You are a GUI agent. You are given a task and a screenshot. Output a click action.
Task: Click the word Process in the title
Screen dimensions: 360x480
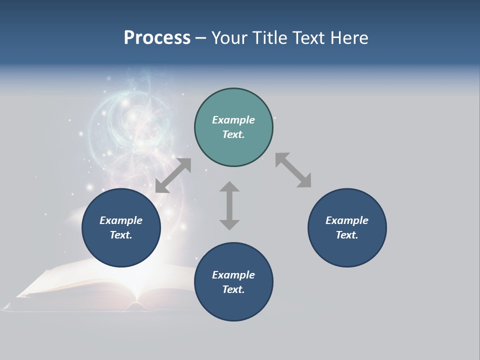157,38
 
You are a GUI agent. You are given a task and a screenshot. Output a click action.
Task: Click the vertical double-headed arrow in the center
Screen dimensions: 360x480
229,205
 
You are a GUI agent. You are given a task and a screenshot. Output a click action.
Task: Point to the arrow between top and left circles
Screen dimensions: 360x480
173,175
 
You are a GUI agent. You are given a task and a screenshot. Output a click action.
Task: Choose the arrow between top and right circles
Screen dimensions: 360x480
293,170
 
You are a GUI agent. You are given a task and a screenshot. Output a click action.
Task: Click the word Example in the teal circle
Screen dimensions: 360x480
233,120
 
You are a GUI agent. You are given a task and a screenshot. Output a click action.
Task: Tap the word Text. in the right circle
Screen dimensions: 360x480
347,235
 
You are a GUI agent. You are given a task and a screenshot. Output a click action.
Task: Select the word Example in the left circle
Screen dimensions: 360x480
121,220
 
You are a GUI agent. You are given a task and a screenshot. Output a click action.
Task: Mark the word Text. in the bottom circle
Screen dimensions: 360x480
233,289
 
